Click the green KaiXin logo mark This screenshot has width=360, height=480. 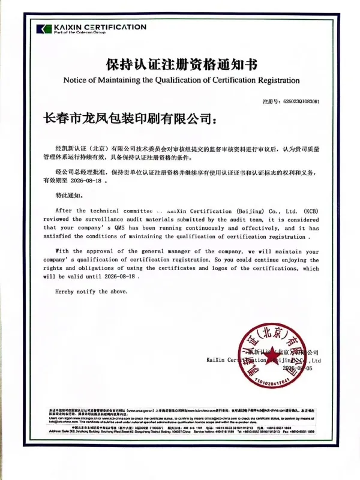click(x=44, y=29)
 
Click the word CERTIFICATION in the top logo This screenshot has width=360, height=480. click(x=113, y=27)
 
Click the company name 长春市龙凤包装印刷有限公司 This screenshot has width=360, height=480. click(x=128, y=119)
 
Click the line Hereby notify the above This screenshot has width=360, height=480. click(x=91, y=292)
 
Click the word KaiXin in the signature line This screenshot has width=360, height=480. click(x=216, y=360)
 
